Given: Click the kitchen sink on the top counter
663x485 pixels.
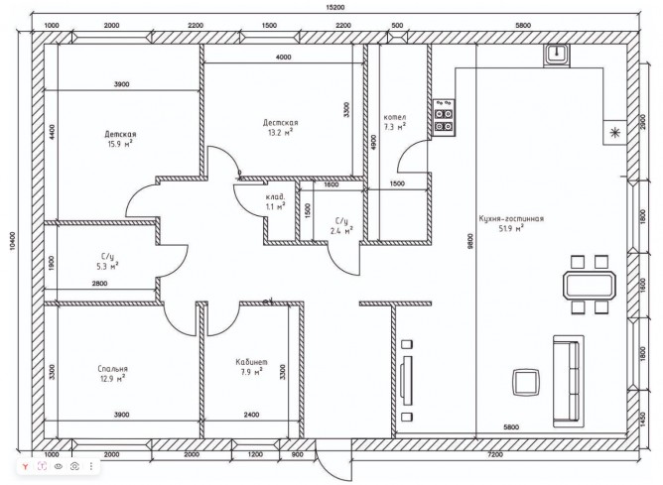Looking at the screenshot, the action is (557, 55).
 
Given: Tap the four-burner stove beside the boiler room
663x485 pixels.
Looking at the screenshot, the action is (444, 118).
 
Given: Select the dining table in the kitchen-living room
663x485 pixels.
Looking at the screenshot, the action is (589, 286).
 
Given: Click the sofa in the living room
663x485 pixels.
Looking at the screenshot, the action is (569, 381).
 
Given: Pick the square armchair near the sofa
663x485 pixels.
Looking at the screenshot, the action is (526, 381).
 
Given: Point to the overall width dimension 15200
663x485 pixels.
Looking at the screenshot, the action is (335, 7).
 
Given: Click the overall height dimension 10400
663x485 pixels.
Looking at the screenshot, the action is (12, 242).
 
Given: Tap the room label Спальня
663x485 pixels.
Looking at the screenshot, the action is (112, 369).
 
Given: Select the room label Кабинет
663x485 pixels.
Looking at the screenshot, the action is (251, 362).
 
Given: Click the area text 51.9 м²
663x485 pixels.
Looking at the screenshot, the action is (511, 228).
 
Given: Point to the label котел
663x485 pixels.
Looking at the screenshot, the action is (395, 117).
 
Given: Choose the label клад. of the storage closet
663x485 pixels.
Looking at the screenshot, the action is (275, 197).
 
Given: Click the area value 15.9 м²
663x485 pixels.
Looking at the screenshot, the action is (120, 144).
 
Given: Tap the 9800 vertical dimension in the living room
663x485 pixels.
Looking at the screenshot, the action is (470, 242).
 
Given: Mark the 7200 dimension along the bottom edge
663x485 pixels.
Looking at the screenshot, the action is (495, 454).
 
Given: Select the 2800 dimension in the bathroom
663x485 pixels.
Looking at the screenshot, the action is (100, 284).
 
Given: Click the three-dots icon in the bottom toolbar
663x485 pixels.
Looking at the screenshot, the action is (91, 466).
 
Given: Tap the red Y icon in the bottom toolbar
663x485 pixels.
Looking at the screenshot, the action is (26, 466).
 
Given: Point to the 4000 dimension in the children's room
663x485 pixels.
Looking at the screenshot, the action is (283, 58).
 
